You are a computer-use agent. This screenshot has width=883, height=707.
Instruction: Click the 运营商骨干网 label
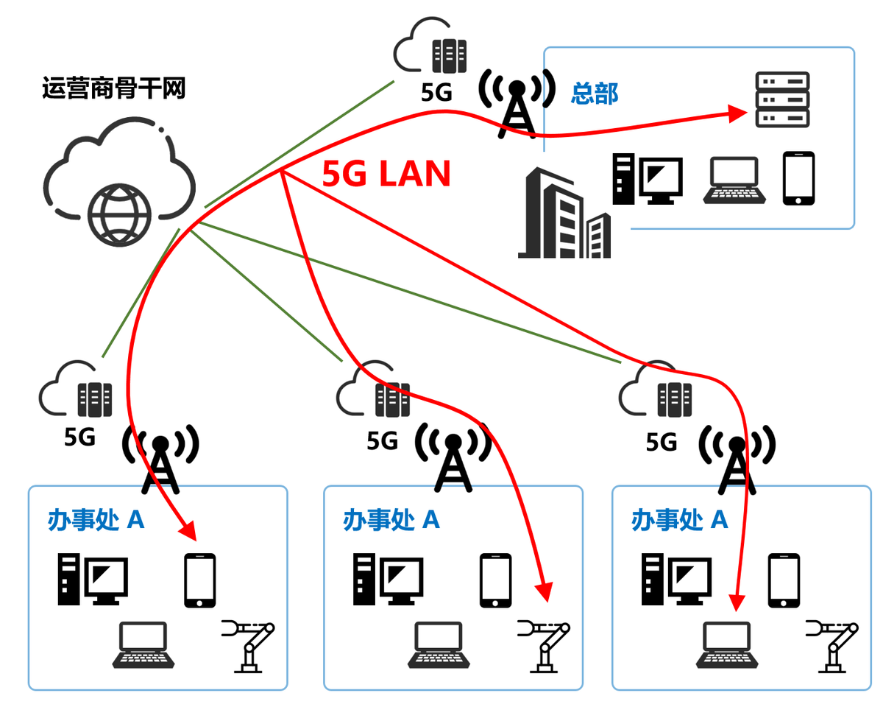pos(113,89)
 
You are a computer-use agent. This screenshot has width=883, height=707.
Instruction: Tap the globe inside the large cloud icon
pos(118,215)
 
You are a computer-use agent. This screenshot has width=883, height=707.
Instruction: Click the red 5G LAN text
pos(386,175)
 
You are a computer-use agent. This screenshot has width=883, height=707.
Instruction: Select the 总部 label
pos(595,93)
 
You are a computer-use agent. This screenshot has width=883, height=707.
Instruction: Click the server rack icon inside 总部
pos(781,99)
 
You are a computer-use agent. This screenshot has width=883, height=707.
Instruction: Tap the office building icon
pos(564,214)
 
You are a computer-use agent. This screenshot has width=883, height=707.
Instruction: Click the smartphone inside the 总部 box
pos(798,178)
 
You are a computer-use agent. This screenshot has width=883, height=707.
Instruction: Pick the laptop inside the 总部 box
pos(735,181)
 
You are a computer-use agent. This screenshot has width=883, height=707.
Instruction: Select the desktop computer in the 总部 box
pos(648,179)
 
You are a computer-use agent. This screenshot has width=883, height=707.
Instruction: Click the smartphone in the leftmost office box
pos(199,580)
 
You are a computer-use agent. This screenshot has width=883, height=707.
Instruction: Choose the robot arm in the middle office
pos(545,645)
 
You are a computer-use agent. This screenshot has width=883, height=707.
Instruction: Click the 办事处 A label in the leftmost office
pos(96,520)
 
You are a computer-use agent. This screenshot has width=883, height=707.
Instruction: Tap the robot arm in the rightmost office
pos(832,645)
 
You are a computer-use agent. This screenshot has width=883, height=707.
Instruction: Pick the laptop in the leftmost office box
pos(143,645)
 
